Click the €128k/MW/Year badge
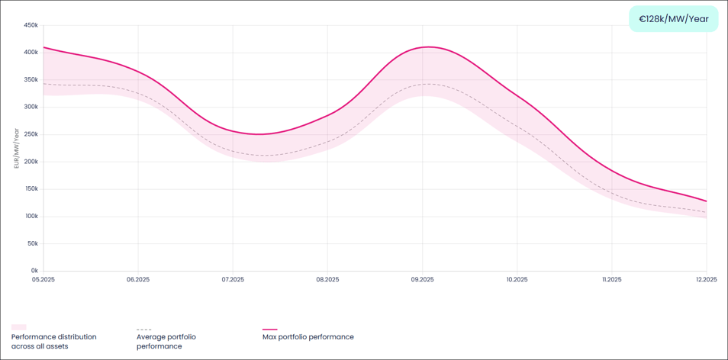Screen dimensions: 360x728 point(673,19)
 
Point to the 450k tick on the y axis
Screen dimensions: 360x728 point(31,25)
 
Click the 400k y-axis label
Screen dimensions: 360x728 point(31,53)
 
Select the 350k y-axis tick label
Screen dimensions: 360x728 point(31,80)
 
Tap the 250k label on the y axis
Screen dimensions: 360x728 point(31,134)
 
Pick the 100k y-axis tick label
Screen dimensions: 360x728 point(31,217)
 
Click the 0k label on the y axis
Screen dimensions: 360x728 point(34,271)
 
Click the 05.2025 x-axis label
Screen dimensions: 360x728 point(43,280)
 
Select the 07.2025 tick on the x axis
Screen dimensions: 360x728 point(233,280)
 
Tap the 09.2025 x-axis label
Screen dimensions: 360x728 point(422,280)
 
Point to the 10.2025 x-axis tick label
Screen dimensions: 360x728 point(517,280)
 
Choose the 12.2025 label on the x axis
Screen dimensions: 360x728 point(706,280)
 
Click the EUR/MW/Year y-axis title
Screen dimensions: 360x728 point(16,148)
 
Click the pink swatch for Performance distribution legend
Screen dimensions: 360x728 point(18,328)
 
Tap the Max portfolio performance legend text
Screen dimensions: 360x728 point(308,337)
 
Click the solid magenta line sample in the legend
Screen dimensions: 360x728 point(269,329)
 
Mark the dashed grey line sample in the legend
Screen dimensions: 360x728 point(143,329)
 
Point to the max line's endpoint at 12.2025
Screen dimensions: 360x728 point(706,201)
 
